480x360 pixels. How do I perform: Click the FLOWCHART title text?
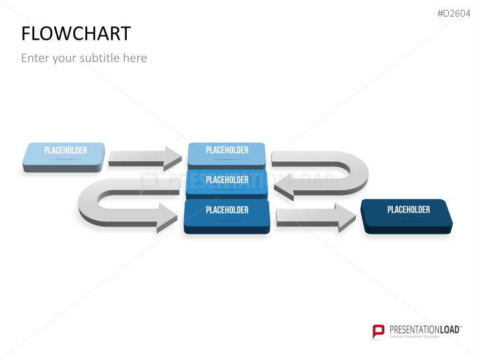tap(76, 34)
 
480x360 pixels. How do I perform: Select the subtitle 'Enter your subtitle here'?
tap(84, 58)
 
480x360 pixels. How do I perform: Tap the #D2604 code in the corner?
tap(454, 13)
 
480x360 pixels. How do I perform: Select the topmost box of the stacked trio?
tap(226, 153)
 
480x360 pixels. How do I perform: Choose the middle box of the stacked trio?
tap(226, 181)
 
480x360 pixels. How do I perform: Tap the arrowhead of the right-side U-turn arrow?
tap(284, 190)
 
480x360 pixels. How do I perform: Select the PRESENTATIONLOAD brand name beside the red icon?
tap(423, 329)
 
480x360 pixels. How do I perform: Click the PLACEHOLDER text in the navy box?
tap(408, 209)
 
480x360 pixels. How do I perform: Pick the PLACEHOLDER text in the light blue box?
tap(65, 151)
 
